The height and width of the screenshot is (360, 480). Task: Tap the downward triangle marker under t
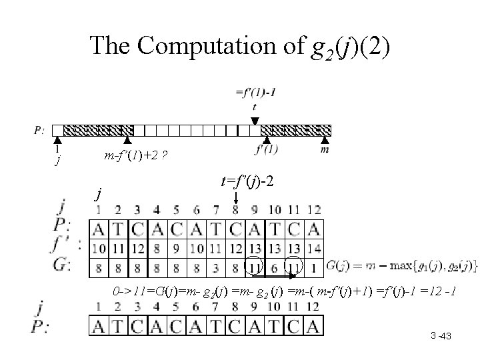pos(255,121)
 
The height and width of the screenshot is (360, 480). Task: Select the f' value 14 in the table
pos(313,248)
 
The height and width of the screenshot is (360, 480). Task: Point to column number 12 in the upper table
pos(313,211)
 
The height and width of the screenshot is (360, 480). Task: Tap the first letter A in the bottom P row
pos(98,326)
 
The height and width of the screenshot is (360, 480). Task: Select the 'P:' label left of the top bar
pos(40,129)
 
